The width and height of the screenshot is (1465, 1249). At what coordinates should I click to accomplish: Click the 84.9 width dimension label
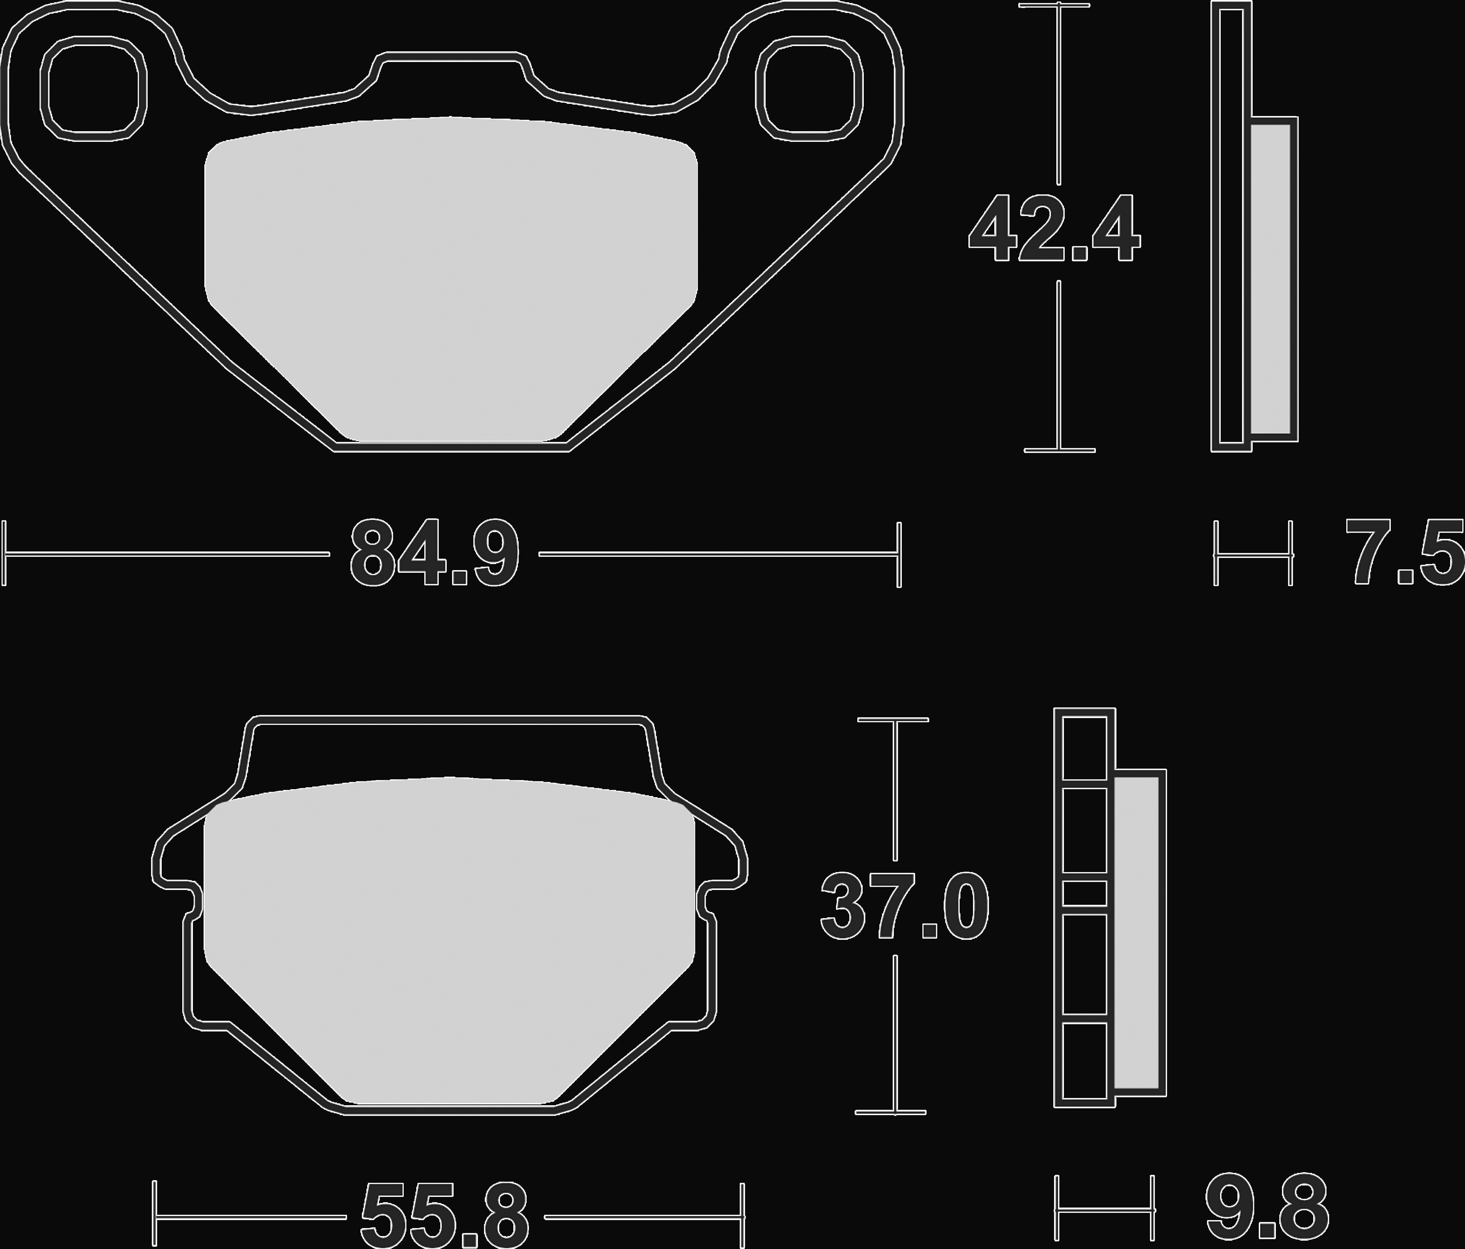pos(434,553)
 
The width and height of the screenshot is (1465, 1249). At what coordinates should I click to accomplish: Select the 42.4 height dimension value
pos(1054,228)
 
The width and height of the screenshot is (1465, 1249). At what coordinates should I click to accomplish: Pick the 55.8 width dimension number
pos(445,1217)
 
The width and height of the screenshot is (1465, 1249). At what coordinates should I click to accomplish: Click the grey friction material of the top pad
pos(451,279)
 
